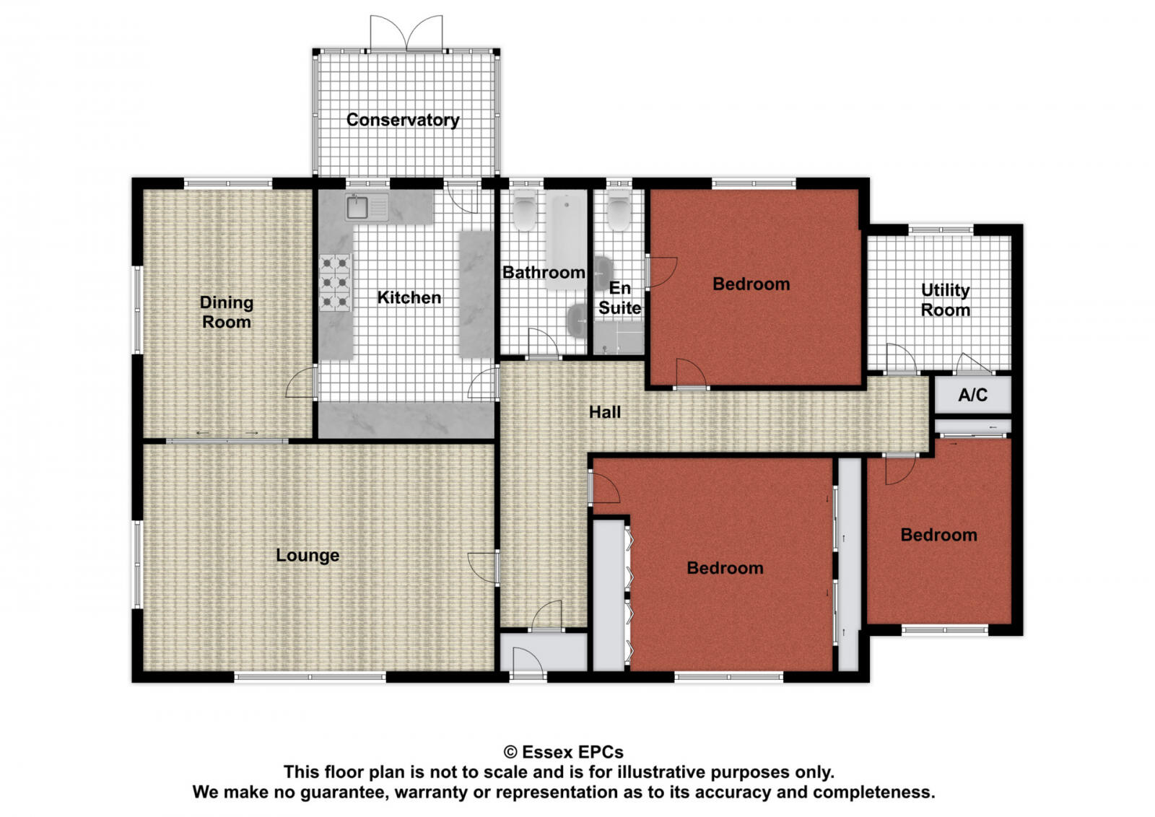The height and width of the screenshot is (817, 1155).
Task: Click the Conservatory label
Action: tap(402, 120)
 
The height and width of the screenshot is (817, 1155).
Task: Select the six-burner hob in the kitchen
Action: tap(336, 282)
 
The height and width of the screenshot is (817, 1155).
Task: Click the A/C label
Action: tap(972, 395)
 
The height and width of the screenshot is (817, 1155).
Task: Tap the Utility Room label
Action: tap(945, 300)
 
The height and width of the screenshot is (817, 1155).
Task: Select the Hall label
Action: tap(604, 412)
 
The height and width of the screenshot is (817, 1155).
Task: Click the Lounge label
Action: tap(308, 555)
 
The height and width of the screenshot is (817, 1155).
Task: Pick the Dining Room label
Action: tap(226, 312)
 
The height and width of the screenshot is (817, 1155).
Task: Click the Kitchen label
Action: tap(409, 297)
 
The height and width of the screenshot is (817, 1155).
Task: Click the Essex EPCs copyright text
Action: tap(563, 752)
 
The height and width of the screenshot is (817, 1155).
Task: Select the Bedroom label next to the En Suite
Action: tap(751, 284)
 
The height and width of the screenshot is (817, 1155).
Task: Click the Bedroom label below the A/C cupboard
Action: tap(938, 535)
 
